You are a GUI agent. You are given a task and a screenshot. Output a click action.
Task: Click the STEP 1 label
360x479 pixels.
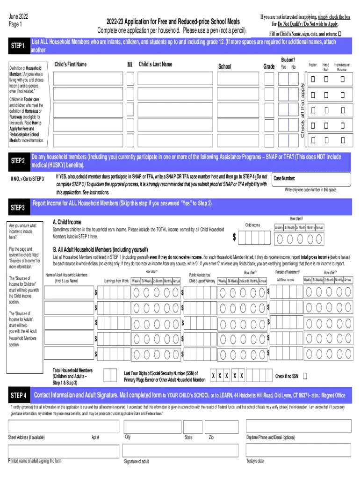[x=17, y=46]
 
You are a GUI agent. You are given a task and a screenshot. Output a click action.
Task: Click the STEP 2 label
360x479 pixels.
[x=17, y=161]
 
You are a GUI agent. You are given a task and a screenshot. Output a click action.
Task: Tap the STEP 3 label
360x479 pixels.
[x=17, y=207]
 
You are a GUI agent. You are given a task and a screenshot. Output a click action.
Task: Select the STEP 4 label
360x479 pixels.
[x=18, y=396]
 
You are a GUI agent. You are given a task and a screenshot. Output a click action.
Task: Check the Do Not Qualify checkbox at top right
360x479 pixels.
[x=339, y=34]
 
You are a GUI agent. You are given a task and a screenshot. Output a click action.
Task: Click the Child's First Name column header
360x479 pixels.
[x=71, y=64]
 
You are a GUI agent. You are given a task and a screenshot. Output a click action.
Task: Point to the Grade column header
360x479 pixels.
[x=269, y=66]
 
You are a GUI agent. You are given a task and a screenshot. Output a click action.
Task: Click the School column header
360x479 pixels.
[x=224, y=66]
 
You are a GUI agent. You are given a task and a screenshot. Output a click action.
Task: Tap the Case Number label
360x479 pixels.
[x=284, y=178]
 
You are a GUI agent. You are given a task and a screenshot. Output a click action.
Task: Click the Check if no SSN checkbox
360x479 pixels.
[x=305, y=376]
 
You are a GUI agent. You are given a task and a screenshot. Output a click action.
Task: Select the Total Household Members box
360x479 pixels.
[x=110, y=375]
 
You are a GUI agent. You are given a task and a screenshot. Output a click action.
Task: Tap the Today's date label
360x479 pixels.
[x=255, y=461]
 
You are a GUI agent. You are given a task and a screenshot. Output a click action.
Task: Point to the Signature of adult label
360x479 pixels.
[x=137, y=462]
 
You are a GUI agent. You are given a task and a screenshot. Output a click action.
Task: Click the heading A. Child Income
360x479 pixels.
[x=67, y=222]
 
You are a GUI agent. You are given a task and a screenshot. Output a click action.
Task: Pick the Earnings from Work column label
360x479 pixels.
[x=116, y=281]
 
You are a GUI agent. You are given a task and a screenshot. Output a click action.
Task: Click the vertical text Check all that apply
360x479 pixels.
[x=302, y=110]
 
